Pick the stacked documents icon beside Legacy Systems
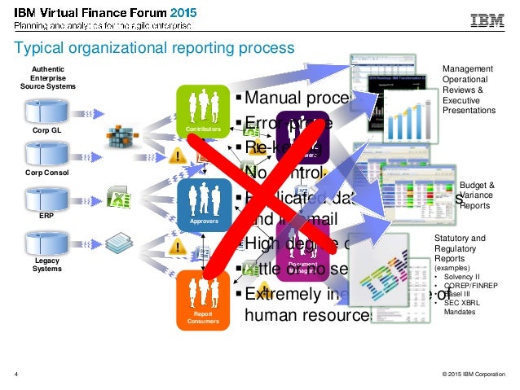coord(121,242)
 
